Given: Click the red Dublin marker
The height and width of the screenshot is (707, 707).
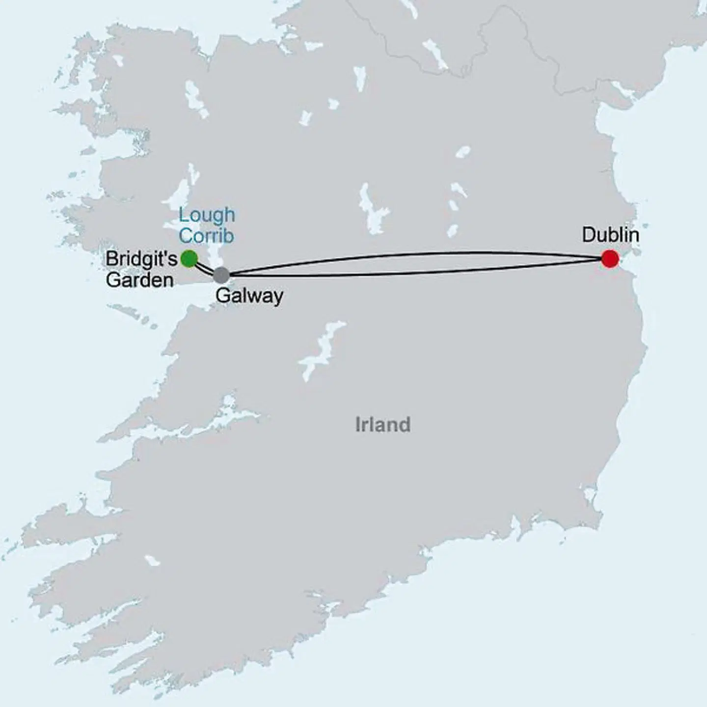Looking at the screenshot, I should (x=609, y=259).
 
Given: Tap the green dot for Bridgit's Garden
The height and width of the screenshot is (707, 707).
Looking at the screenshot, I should (x=189, y=258).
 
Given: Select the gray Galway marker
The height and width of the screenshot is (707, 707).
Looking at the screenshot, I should (x=221, y=275).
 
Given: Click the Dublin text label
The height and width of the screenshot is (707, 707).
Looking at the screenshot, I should (x=610, y=235).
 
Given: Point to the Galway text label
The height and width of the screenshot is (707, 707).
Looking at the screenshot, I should (x=249, y=296).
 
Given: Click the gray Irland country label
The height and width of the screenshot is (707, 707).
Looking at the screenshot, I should (x=382, y=424).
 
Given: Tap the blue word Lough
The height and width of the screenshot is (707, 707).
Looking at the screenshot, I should (x=207, y=215).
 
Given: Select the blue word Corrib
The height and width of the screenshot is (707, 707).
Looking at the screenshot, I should (x=206, y=236).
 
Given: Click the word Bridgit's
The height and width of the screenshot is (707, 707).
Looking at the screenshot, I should (x=141, y=259).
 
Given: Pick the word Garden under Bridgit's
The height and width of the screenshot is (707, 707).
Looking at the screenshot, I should (x=139, y=280).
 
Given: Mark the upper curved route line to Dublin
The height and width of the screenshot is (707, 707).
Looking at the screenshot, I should (x=417, y=254).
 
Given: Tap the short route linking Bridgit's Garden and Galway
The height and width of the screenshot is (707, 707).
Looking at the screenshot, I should (x=204, y=267).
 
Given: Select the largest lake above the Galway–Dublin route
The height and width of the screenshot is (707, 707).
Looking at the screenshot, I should (x=373, y=209).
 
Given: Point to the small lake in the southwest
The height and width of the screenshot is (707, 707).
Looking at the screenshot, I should (x=153, y=560).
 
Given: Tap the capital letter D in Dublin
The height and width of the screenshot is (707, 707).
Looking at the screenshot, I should (x=588, y=235).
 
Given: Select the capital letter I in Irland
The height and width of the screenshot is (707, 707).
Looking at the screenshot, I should (x=358, y=424).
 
